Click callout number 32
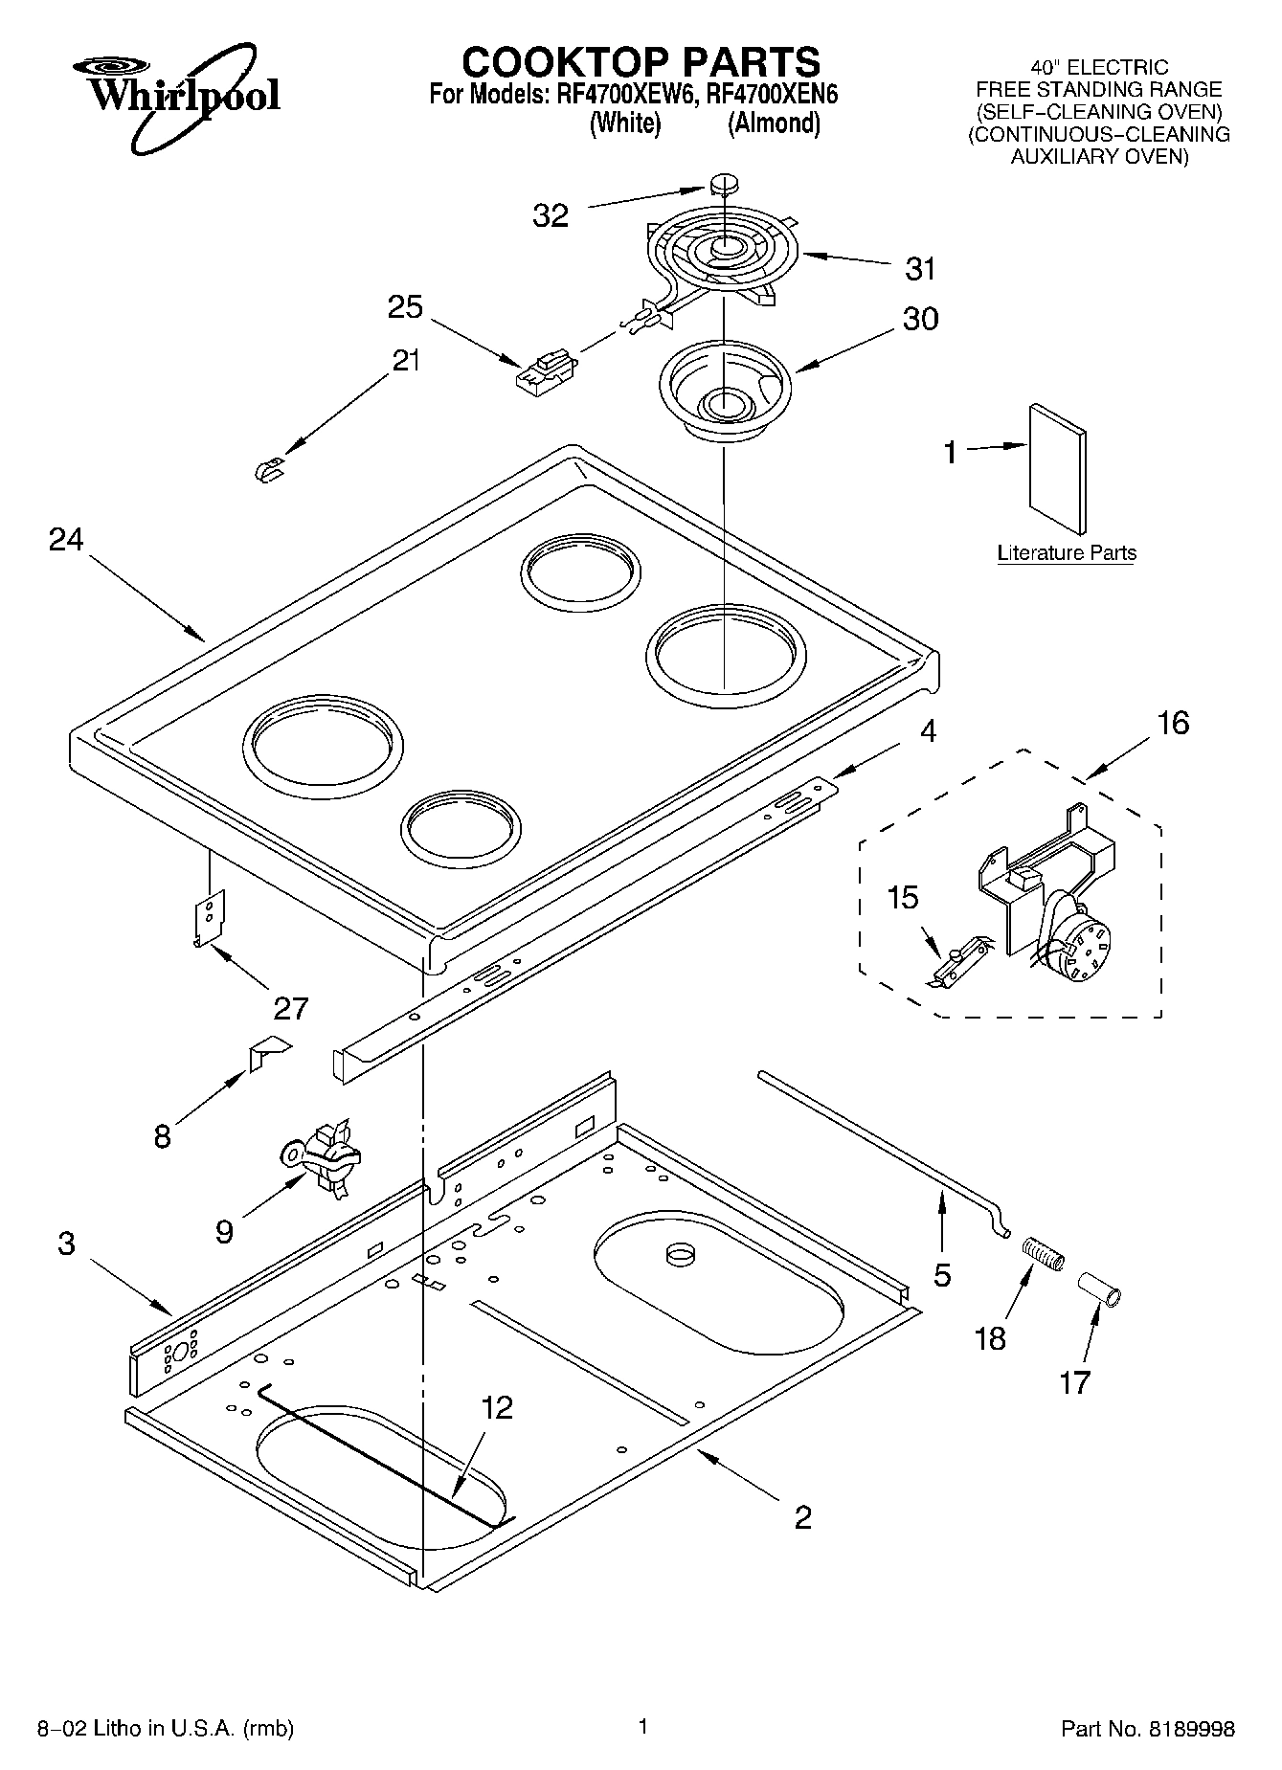[551, 216]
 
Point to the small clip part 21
[271, 470]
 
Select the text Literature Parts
[1066, 553]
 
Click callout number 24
[66, 540]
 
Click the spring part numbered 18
[1044, 1254]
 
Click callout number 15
[902, 898]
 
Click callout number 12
[497, 1407]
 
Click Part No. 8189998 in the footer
[1147, 1729]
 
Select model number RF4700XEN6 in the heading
[771, 95]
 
